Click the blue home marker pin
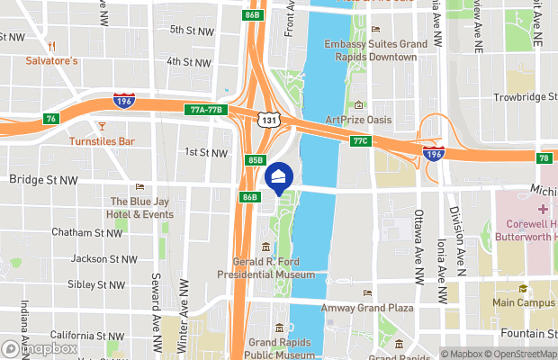(x=280, y=178)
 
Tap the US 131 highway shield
(x=268, y=119)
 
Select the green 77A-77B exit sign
(x=207, y=110)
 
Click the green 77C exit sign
(x=361, y=141)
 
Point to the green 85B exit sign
(x=256, y=160)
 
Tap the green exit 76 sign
(x=51, y=119)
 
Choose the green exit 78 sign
(x=544, y=158)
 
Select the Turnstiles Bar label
(x=102, y=141)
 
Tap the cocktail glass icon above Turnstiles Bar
(x=102, y=126)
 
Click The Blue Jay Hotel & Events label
(x=141, y=208)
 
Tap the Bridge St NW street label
(x=43, y=180)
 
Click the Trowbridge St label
(x=525, y=97)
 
